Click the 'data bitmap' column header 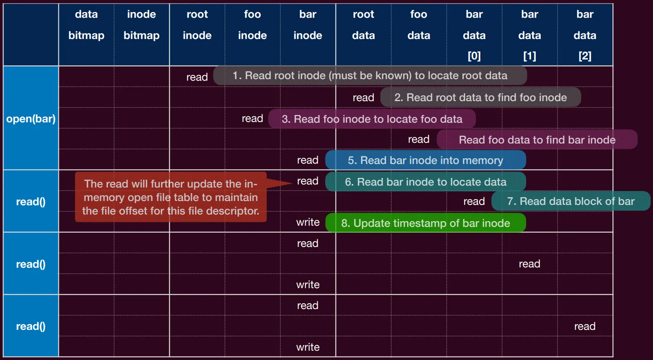(x=86, y=25)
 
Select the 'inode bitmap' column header (x=141, y=25)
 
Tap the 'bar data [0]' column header (x=474, y=35)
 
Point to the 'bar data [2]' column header (x=585, y=35)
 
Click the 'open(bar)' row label (x=31, y=119)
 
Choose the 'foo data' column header (x=419, y=25)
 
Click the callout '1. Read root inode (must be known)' (x=370, y=76)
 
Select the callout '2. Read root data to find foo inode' (x=480, y=98)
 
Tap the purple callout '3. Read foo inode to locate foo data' (x=372, y=119)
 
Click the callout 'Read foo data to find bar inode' (x=537, y=140)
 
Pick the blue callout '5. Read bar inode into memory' (x=426, y=160)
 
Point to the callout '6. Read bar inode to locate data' (x=426, y=182)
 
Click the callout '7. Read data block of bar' (x=571, y=201)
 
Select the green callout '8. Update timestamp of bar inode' (x=426, y=223)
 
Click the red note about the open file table (x=171, y=197)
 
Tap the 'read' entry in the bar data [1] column (x=529, y=264)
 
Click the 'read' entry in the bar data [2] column (x=585, y=326)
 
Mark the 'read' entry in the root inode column (x=197, y=77)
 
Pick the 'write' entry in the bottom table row (x=308, y=347)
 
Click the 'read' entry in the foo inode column (x=253, y=118)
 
